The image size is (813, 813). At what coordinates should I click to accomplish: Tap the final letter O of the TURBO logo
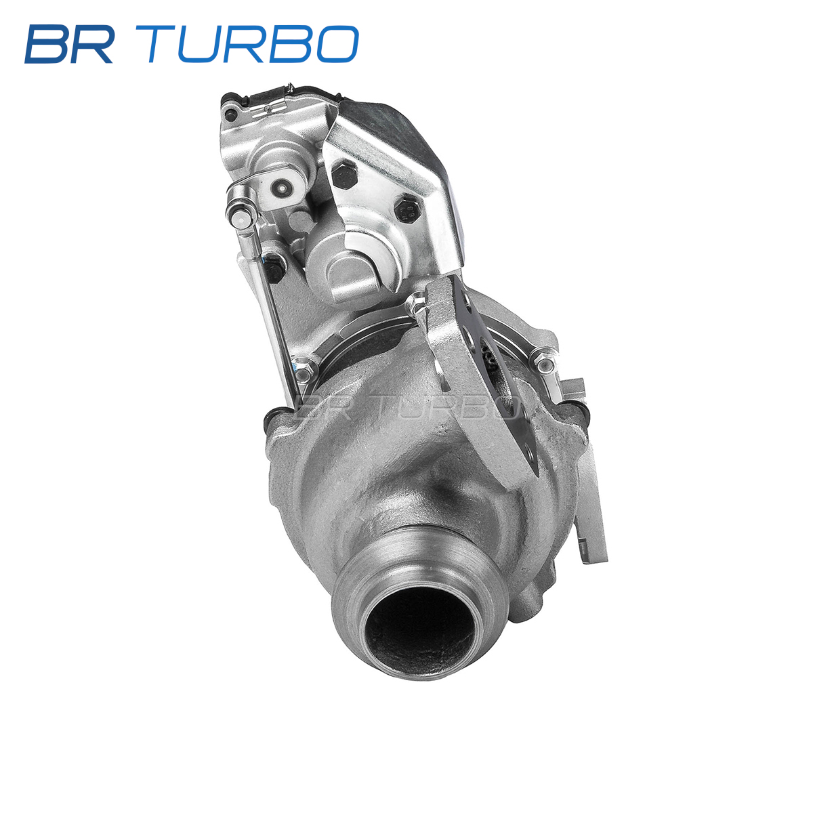337,44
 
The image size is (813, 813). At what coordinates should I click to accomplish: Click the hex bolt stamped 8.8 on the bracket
407,209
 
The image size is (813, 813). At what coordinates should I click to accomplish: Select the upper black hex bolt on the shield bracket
344,173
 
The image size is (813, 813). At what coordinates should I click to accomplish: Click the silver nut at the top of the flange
417,302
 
